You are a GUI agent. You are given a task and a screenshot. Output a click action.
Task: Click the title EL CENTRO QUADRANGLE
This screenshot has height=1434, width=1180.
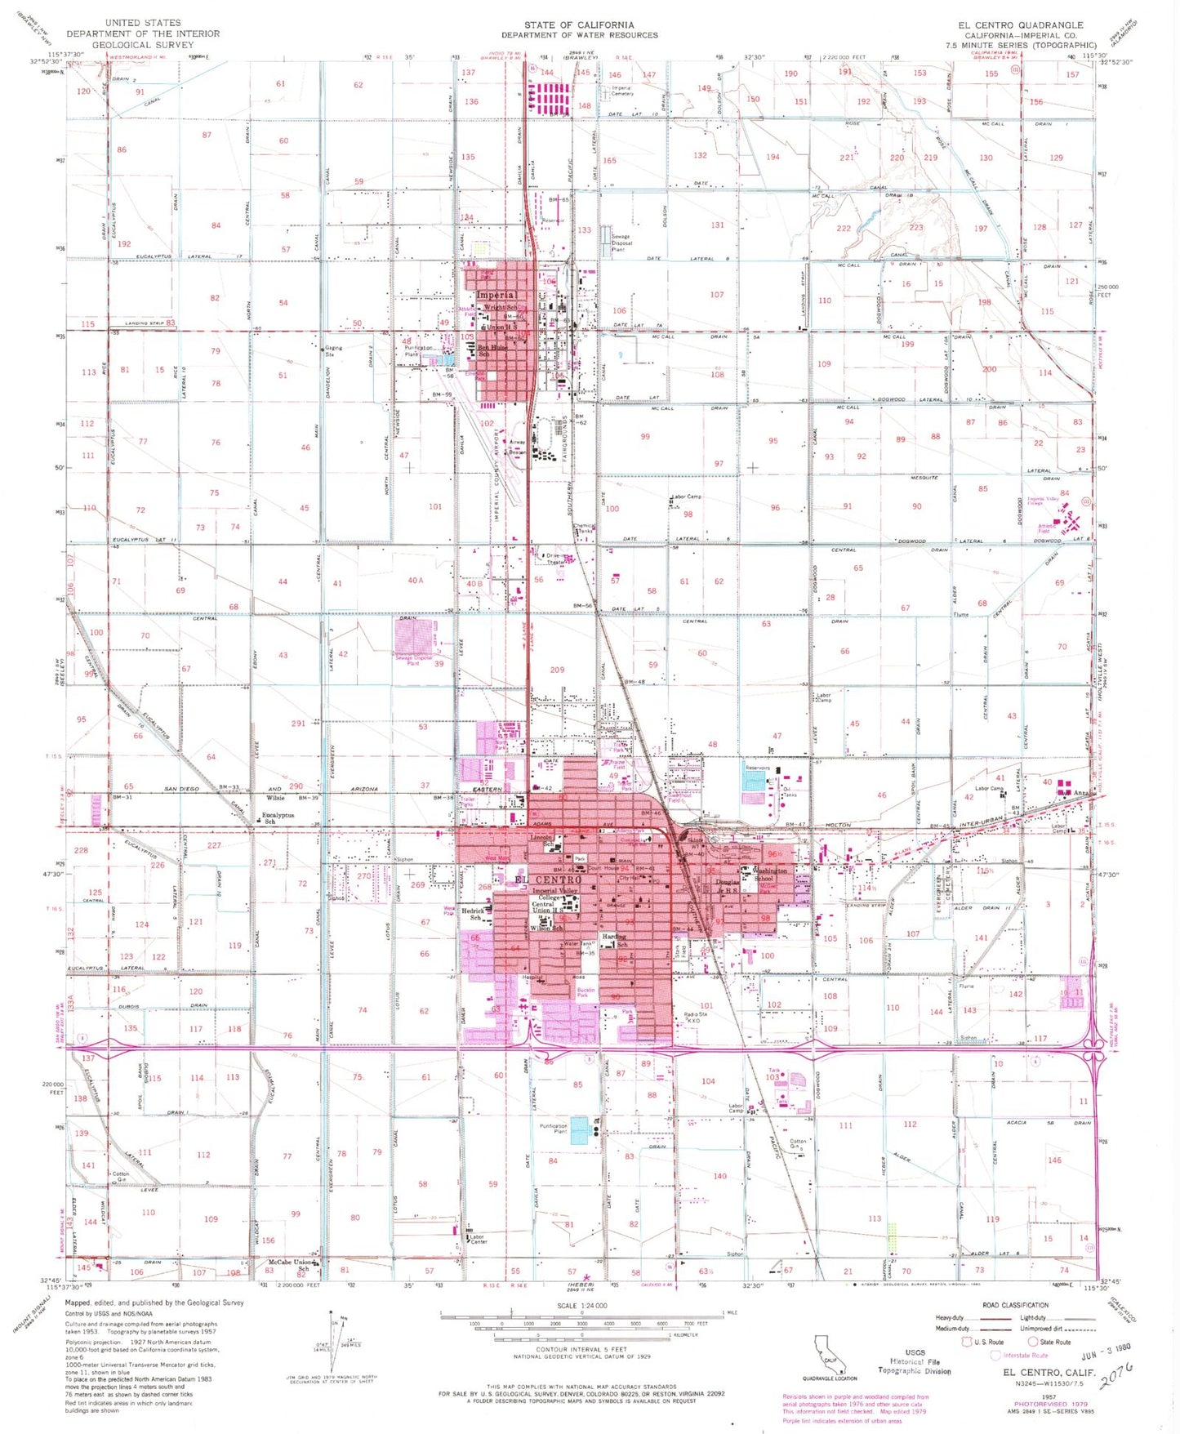(x=1021, y=25)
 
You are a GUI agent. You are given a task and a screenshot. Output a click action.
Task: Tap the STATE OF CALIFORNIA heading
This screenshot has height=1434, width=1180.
(x=579, y=25)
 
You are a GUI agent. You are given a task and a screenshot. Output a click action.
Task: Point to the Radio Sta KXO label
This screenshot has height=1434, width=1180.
(x=695, y=1018)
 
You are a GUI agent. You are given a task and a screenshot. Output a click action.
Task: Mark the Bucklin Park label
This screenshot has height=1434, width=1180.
(x=586, y=993)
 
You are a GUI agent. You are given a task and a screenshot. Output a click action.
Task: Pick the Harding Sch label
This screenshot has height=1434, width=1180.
(x=614, y=940)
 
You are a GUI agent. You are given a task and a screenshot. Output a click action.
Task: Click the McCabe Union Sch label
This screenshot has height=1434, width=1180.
(x=291, y=1266)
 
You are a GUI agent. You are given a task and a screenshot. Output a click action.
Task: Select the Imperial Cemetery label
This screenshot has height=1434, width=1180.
(x=622, y=91)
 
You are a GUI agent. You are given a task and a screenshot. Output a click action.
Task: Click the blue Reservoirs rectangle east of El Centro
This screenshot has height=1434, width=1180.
(x=754, y=780)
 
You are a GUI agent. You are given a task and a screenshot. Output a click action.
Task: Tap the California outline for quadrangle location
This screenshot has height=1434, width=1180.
(x=827, y=1352)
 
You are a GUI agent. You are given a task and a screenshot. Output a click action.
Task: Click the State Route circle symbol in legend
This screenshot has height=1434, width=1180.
(x=1032, y=1342)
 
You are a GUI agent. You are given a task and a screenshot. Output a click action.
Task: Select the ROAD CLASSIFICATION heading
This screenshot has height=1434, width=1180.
(x=1015, y=1305)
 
